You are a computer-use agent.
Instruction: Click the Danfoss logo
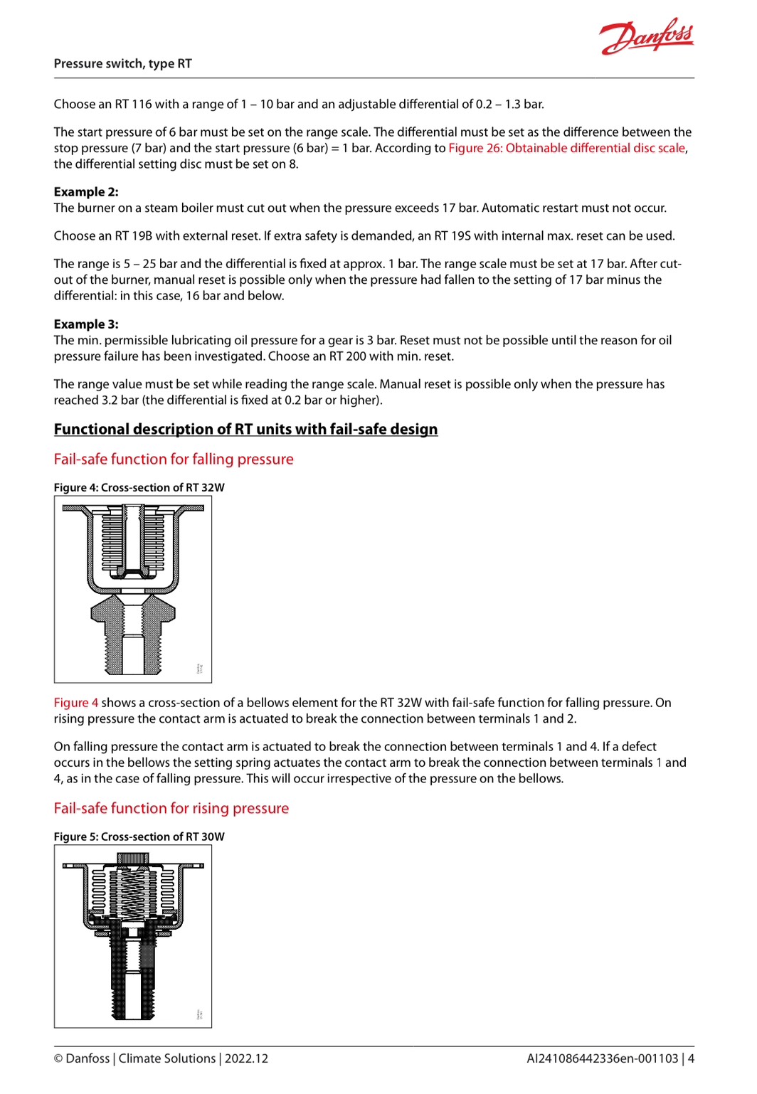(646, 37)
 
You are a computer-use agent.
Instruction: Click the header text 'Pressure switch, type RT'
(122, 63)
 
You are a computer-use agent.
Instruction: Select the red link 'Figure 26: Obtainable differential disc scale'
(566, 148)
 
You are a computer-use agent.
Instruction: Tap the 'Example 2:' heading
(86, 191)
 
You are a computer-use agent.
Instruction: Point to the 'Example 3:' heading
(86, 324)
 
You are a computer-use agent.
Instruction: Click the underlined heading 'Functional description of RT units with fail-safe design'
(245, 429)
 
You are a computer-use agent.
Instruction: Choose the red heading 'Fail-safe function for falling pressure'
(173, 459)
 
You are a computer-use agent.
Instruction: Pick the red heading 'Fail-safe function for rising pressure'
(171, 808)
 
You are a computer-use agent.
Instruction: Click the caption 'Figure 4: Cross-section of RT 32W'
(139, 487)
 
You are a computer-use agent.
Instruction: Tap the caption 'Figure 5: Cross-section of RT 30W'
(139, 837)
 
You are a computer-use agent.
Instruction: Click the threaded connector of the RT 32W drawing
(133, 640)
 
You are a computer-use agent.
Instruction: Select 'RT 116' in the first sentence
(133, 104)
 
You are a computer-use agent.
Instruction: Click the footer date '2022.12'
(247, 1058)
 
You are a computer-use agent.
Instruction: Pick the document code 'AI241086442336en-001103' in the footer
(602, 1058)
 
